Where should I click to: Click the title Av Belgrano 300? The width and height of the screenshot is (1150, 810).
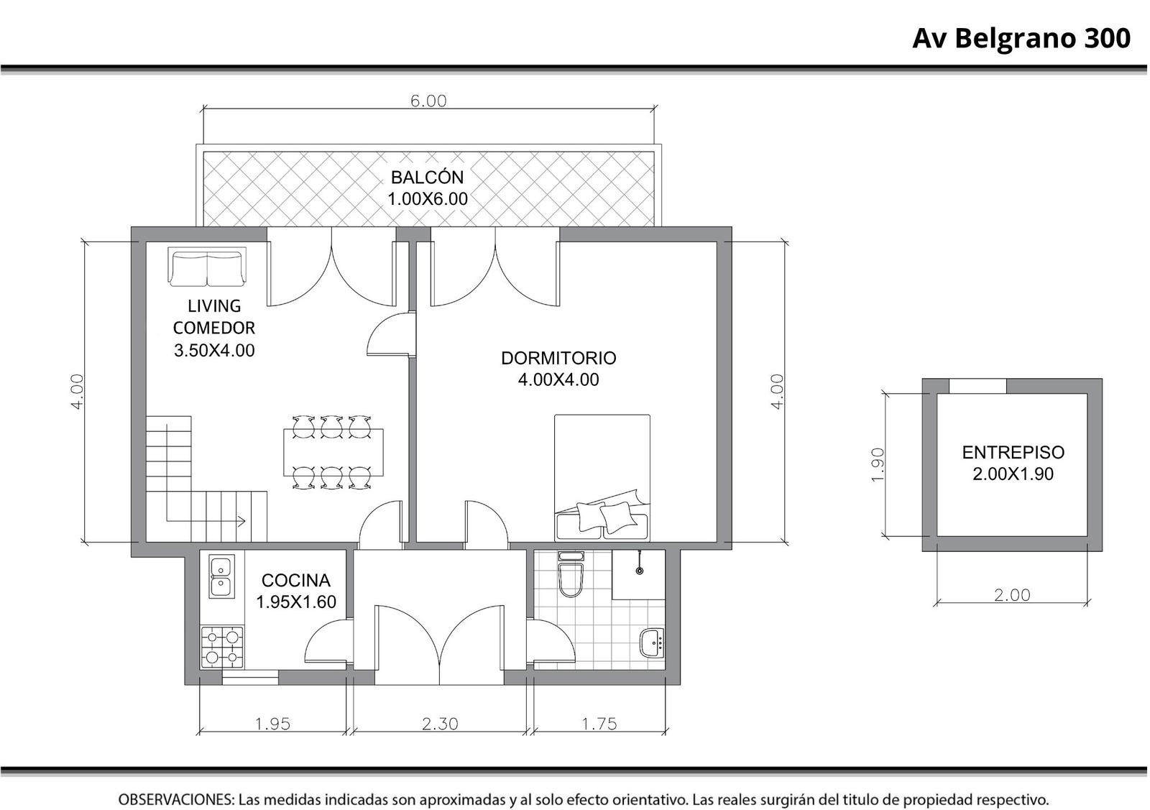tap(1021, 39)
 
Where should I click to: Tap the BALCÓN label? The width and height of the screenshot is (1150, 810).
tap(427, 177)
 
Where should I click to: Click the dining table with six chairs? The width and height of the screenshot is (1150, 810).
tap(333, 452)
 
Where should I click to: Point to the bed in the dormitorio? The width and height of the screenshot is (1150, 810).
tap(602, 477)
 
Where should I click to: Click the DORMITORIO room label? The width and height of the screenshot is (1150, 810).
tap(558, 358)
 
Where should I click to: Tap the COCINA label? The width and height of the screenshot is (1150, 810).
tap(295, 580)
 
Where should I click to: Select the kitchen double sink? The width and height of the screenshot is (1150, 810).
tap(222, 576)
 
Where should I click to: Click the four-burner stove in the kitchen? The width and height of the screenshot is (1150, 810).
tap(222, 647)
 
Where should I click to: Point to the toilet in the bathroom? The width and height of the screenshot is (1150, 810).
tap(571, 575)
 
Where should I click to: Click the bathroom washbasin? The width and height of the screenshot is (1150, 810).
tap(652, 642)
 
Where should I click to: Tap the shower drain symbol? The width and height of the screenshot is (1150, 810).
tap(640, 571)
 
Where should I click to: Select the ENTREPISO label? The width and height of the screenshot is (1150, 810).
tap(1013, 452)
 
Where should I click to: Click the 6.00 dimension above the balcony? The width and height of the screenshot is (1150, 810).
tap(428, 101)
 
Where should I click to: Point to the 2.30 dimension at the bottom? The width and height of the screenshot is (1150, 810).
tap(440, 724)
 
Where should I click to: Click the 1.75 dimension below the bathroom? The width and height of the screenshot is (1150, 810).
tap(599, 724)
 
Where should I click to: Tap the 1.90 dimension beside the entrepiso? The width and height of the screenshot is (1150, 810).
tap(878, 465)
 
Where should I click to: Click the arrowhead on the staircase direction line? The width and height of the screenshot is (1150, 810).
tap(241, 521)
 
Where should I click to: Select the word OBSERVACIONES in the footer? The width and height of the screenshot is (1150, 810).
tap(177, 800)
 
